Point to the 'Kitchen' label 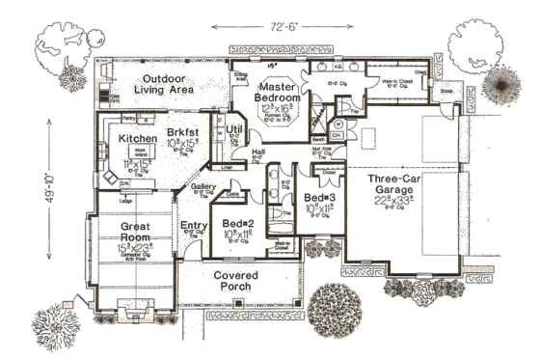pos(137,139)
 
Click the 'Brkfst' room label pos(181,130)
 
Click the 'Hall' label pos(258,152)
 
